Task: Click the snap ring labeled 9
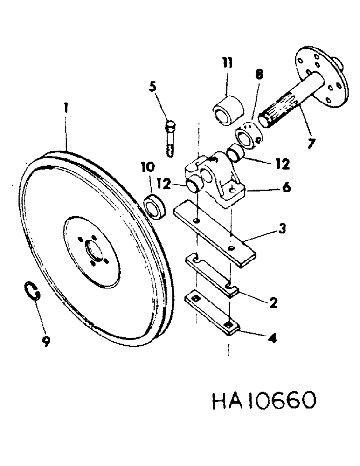coord(30,292)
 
